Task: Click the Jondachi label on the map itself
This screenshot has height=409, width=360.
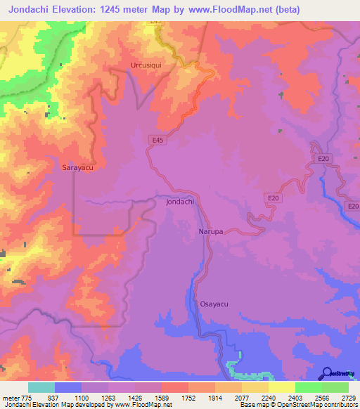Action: tap(180, 202)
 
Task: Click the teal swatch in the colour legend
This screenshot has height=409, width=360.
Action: tap(41, 387)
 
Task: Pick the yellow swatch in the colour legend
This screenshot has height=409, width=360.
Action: tap(281, 387)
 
